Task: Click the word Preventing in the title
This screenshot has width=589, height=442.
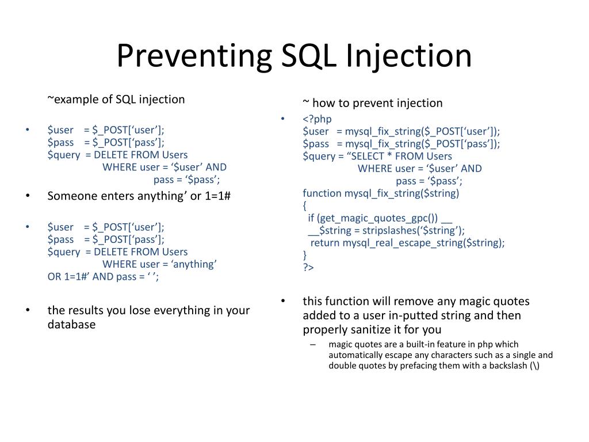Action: (x=193, y=56)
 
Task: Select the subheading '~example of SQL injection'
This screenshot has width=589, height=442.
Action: (x=116, y=100)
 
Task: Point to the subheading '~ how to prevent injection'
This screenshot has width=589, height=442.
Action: (x=373, y=103)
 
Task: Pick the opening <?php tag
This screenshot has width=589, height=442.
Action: (x=318, y=119)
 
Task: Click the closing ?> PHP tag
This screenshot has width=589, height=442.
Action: (x=308, y=268)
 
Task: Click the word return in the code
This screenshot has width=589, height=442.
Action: (x=325, y=243)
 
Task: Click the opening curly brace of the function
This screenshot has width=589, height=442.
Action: (x=305, y=205)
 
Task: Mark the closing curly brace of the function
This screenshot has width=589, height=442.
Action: (x=305, y=255)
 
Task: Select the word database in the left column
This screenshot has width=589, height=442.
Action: (x=71, y=325)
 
